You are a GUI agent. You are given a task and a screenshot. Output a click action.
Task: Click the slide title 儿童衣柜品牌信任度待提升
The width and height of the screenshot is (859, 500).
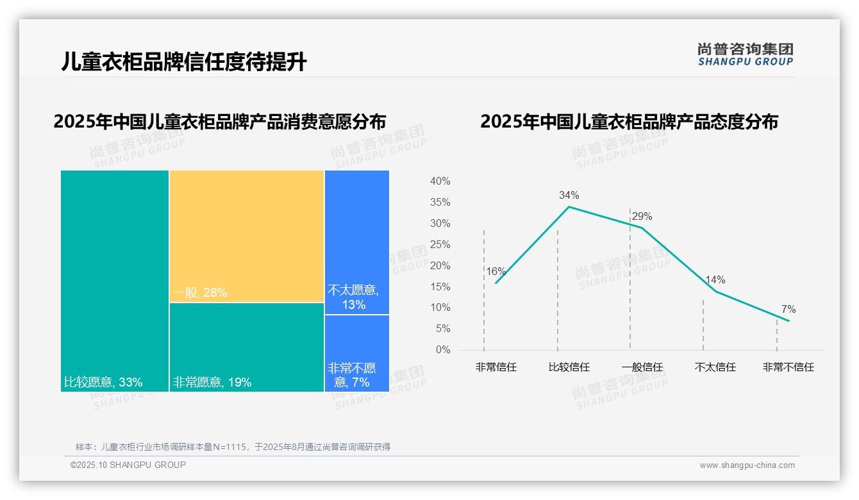coord(184,62)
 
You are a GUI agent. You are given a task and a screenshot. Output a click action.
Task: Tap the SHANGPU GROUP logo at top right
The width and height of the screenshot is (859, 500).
coord(745,54)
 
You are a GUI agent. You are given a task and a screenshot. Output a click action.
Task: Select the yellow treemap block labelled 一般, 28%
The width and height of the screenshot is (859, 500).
coord(247,235)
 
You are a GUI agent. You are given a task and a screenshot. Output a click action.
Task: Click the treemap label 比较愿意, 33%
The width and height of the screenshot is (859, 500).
coord(103,383)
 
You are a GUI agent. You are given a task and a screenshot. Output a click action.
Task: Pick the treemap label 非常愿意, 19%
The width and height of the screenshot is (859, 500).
coord(212,383)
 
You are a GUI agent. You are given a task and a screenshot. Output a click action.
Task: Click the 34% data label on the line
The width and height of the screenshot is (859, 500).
coord(569,195)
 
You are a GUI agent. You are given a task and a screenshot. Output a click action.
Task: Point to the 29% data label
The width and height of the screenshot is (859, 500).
coord(642,217)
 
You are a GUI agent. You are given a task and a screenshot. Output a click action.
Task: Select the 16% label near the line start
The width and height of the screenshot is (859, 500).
coord(496,272)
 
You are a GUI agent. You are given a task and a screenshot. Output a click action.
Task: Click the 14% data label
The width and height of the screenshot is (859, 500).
coord(715,280)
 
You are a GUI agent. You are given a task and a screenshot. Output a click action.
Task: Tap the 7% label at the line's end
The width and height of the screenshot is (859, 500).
coord(788,310)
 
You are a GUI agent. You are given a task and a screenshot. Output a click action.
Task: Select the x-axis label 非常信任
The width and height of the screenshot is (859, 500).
coord(496,367)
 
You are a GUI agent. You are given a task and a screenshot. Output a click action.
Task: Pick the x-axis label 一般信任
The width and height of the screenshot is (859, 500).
coord(642,367)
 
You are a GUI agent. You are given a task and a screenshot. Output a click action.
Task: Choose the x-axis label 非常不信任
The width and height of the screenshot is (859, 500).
coord(788,367)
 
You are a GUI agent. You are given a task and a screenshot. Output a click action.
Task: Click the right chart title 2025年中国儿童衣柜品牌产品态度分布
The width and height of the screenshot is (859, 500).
coord(628,122)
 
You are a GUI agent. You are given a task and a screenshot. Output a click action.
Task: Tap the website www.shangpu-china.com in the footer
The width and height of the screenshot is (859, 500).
coord(747,465)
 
